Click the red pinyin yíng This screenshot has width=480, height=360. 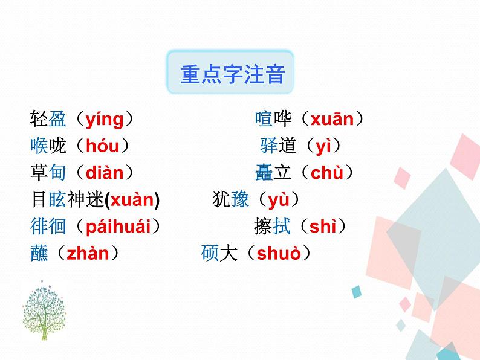pos(104,120)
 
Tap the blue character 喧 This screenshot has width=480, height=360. pos(264,120)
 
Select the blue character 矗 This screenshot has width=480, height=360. pos(264,173)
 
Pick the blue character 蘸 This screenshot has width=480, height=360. pos(39,254)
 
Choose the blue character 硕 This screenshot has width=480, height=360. pos(210,254)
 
